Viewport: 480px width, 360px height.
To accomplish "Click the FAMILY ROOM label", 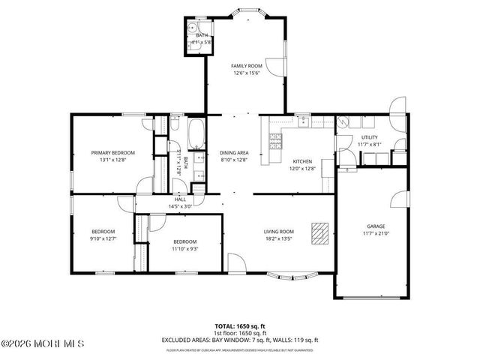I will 244,66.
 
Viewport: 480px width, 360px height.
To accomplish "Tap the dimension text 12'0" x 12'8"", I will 302,168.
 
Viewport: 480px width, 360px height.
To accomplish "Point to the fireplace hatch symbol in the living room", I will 320,233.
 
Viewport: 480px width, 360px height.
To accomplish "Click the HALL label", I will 180,199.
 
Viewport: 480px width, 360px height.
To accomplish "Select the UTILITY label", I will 370,137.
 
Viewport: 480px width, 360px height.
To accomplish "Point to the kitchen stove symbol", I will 274,141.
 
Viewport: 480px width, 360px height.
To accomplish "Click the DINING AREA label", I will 233,152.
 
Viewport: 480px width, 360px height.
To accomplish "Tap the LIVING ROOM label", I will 277,232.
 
